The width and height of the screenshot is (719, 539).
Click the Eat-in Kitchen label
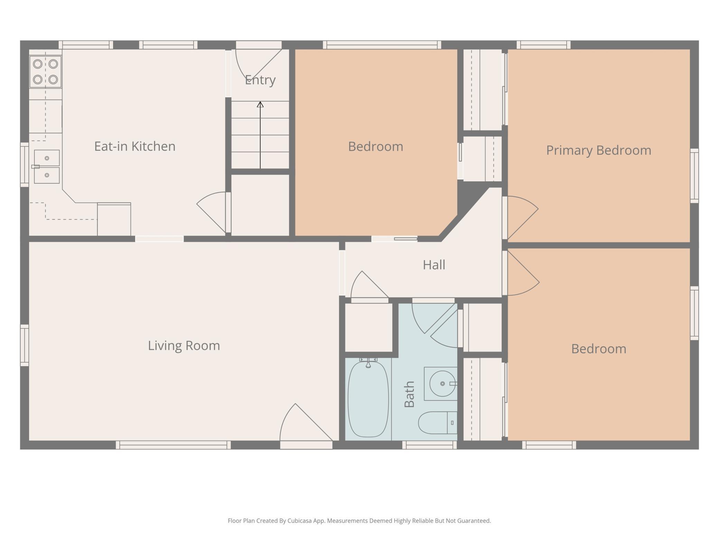tap(135, 146)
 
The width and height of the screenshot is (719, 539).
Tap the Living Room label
tap(184, 346)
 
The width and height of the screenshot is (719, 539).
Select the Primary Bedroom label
tap(599, 151)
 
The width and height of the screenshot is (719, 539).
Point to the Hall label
tap(434, 265)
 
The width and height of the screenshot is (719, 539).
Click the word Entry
tap(260, 80)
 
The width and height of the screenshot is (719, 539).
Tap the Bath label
tap(409, 394)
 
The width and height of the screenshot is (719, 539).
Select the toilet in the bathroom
tap(438, 423)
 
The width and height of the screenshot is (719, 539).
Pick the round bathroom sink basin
tap(442, 384)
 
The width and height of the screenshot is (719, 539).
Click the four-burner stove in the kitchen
tap(45, 72)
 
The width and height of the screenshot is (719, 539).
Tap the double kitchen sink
tap(47, 167)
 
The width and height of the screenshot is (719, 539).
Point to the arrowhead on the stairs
tap(260, 104)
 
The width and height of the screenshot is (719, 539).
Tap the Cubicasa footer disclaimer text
tap(359, 521)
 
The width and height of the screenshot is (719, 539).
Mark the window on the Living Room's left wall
tap(25, 345)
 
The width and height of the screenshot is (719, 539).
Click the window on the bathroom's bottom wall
tap(429, 445)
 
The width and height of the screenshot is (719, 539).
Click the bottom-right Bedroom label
tap(599, 349)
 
